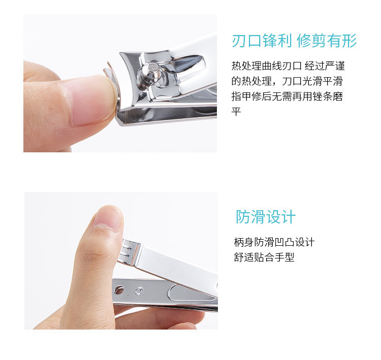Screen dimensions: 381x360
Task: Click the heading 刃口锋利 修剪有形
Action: [x=294, y=41]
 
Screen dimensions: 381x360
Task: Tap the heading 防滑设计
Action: [x=266, y=217]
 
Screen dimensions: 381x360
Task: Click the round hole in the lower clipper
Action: [x=119, y=290]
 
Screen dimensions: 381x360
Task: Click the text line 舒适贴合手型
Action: [x=264, y=257]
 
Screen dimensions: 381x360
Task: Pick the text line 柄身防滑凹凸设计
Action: [x=274, y=242]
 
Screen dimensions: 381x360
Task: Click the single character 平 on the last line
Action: [x=236, y=112]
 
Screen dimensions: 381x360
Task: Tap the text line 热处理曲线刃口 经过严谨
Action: [x=288, y=66]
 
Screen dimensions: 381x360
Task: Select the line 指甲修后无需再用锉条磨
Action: [x=287, y=96]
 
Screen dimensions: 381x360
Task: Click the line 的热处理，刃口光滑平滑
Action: [x=287, y=81]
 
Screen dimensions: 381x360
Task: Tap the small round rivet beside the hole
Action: [x=139, y=291]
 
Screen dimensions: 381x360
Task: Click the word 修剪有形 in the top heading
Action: [x=327, y=41]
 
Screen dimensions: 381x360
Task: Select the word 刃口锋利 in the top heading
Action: [x=262, y=41]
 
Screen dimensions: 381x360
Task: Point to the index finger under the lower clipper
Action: [x=158, y=318]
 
